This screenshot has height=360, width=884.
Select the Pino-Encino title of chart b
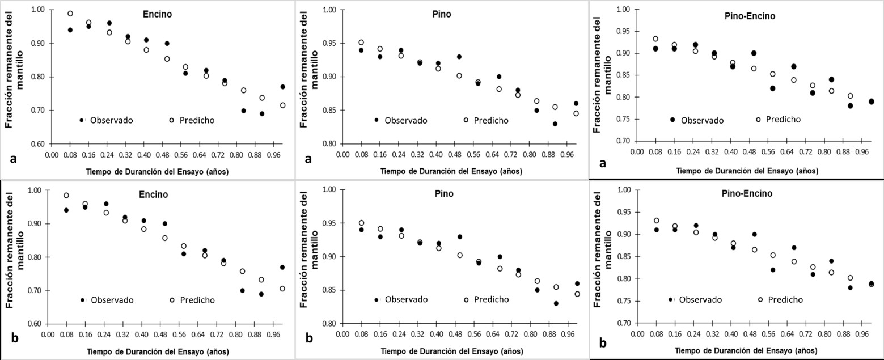(753, 193)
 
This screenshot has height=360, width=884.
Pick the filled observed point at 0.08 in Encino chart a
(70, 30)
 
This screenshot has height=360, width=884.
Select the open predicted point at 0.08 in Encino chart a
(70, 14)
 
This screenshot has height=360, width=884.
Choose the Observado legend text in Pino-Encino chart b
(701, 299)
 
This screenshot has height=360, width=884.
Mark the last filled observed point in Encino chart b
(282, 267)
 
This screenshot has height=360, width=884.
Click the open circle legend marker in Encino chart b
(171, 300)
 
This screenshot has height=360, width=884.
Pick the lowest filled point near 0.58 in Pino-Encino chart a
(772, 88)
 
